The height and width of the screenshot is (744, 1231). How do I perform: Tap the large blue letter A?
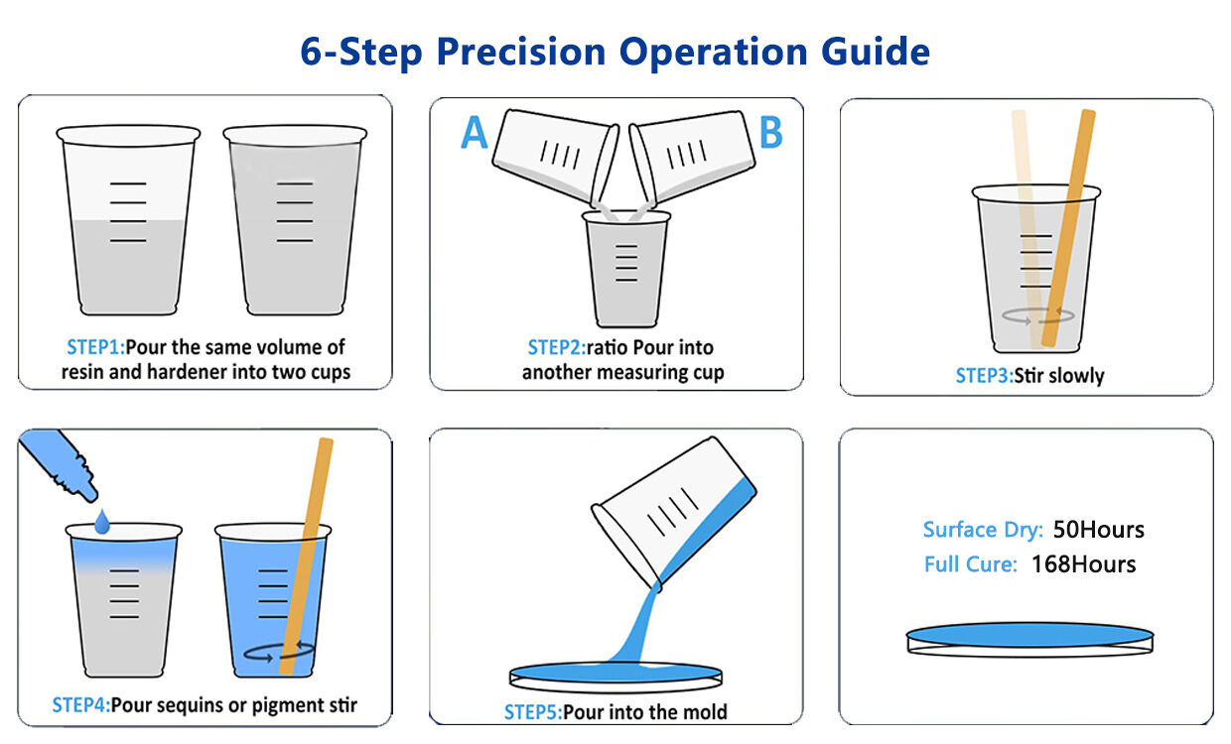(476, 132)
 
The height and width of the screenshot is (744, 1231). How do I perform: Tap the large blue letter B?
(770, 132)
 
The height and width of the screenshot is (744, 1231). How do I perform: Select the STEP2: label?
(556, 347)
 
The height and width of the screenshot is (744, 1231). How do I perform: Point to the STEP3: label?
(983, 376)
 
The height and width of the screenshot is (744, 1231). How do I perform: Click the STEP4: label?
(80, 705)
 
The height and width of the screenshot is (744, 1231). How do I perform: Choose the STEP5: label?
(532, 711)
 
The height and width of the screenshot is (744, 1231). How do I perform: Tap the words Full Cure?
(970, 564)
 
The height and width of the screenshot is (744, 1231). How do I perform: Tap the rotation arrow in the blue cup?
(279, 651)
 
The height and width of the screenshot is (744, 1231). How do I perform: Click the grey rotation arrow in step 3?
(1038, 315)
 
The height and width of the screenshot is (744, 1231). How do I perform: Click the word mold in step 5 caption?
(706, 711)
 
